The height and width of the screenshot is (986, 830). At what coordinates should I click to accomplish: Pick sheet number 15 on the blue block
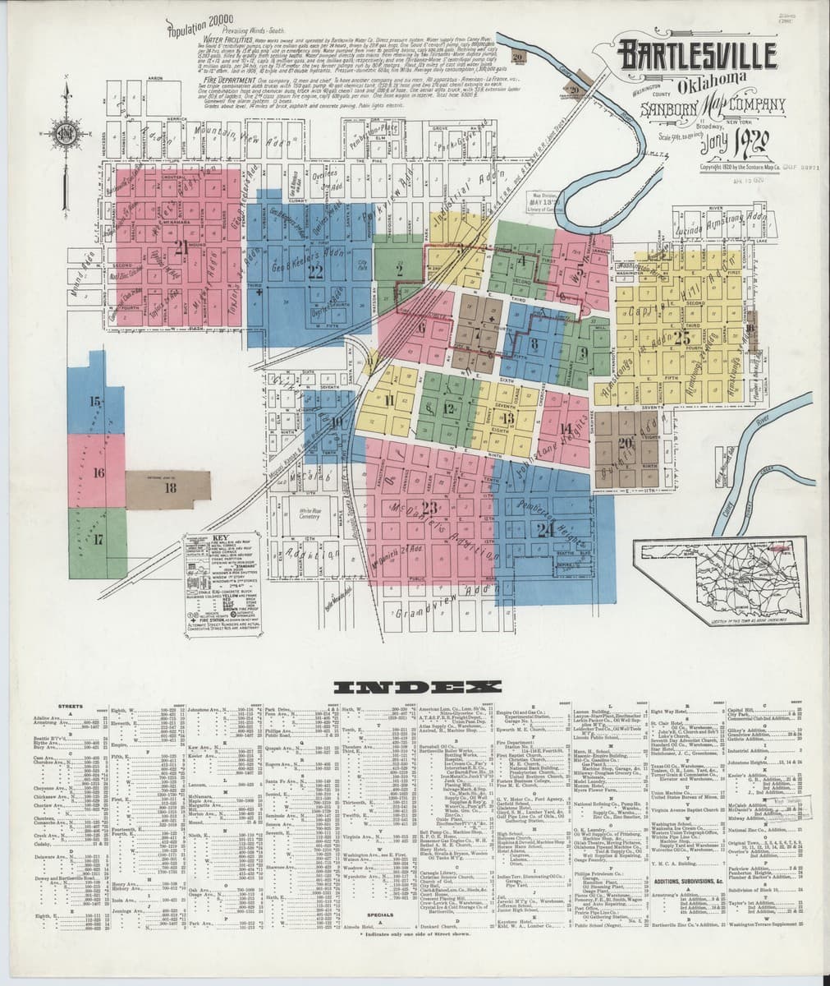[x=97, y=402]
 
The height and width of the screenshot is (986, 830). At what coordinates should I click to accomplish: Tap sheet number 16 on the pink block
[x=99, y=473]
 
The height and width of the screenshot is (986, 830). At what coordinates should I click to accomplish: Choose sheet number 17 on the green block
[x=99, y=540]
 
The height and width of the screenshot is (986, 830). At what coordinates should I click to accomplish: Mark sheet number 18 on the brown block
[x=170, y=487]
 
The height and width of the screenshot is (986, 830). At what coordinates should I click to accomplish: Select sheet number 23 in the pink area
[x=429, y=506]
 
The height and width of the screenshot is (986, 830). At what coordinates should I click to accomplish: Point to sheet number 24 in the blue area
[x=543, y=528]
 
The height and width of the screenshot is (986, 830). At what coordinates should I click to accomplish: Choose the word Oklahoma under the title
[x=711, y=83]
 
